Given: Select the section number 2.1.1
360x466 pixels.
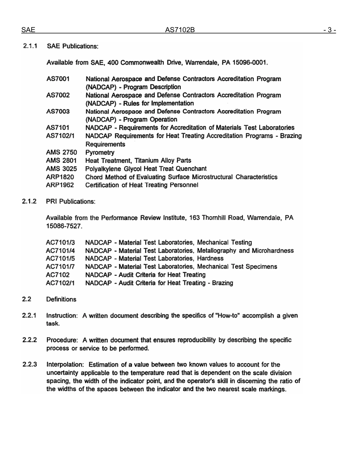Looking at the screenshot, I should [30, 47].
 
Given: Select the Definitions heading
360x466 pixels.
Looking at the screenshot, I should [61, 300].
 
